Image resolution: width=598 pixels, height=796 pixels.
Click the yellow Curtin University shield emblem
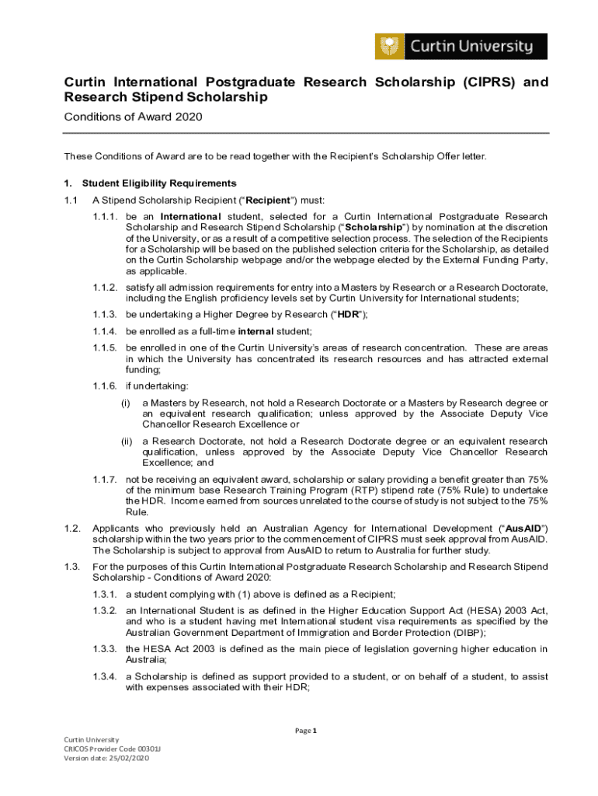click(x=388, y=47)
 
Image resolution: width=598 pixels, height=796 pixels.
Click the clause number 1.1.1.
click(x=105, y=216)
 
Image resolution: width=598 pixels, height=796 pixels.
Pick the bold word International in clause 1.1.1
click(x=191, y=216)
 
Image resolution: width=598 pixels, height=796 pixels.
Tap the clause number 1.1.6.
click(x=105, y=386)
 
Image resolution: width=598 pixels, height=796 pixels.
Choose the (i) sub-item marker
click(x=125, y=403)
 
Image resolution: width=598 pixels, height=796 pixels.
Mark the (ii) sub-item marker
click(x=126, y=442)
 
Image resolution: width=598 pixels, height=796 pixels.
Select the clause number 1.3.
click(x=71, y=567)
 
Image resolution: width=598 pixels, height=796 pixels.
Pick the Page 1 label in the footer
click(x=305, y=731)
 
